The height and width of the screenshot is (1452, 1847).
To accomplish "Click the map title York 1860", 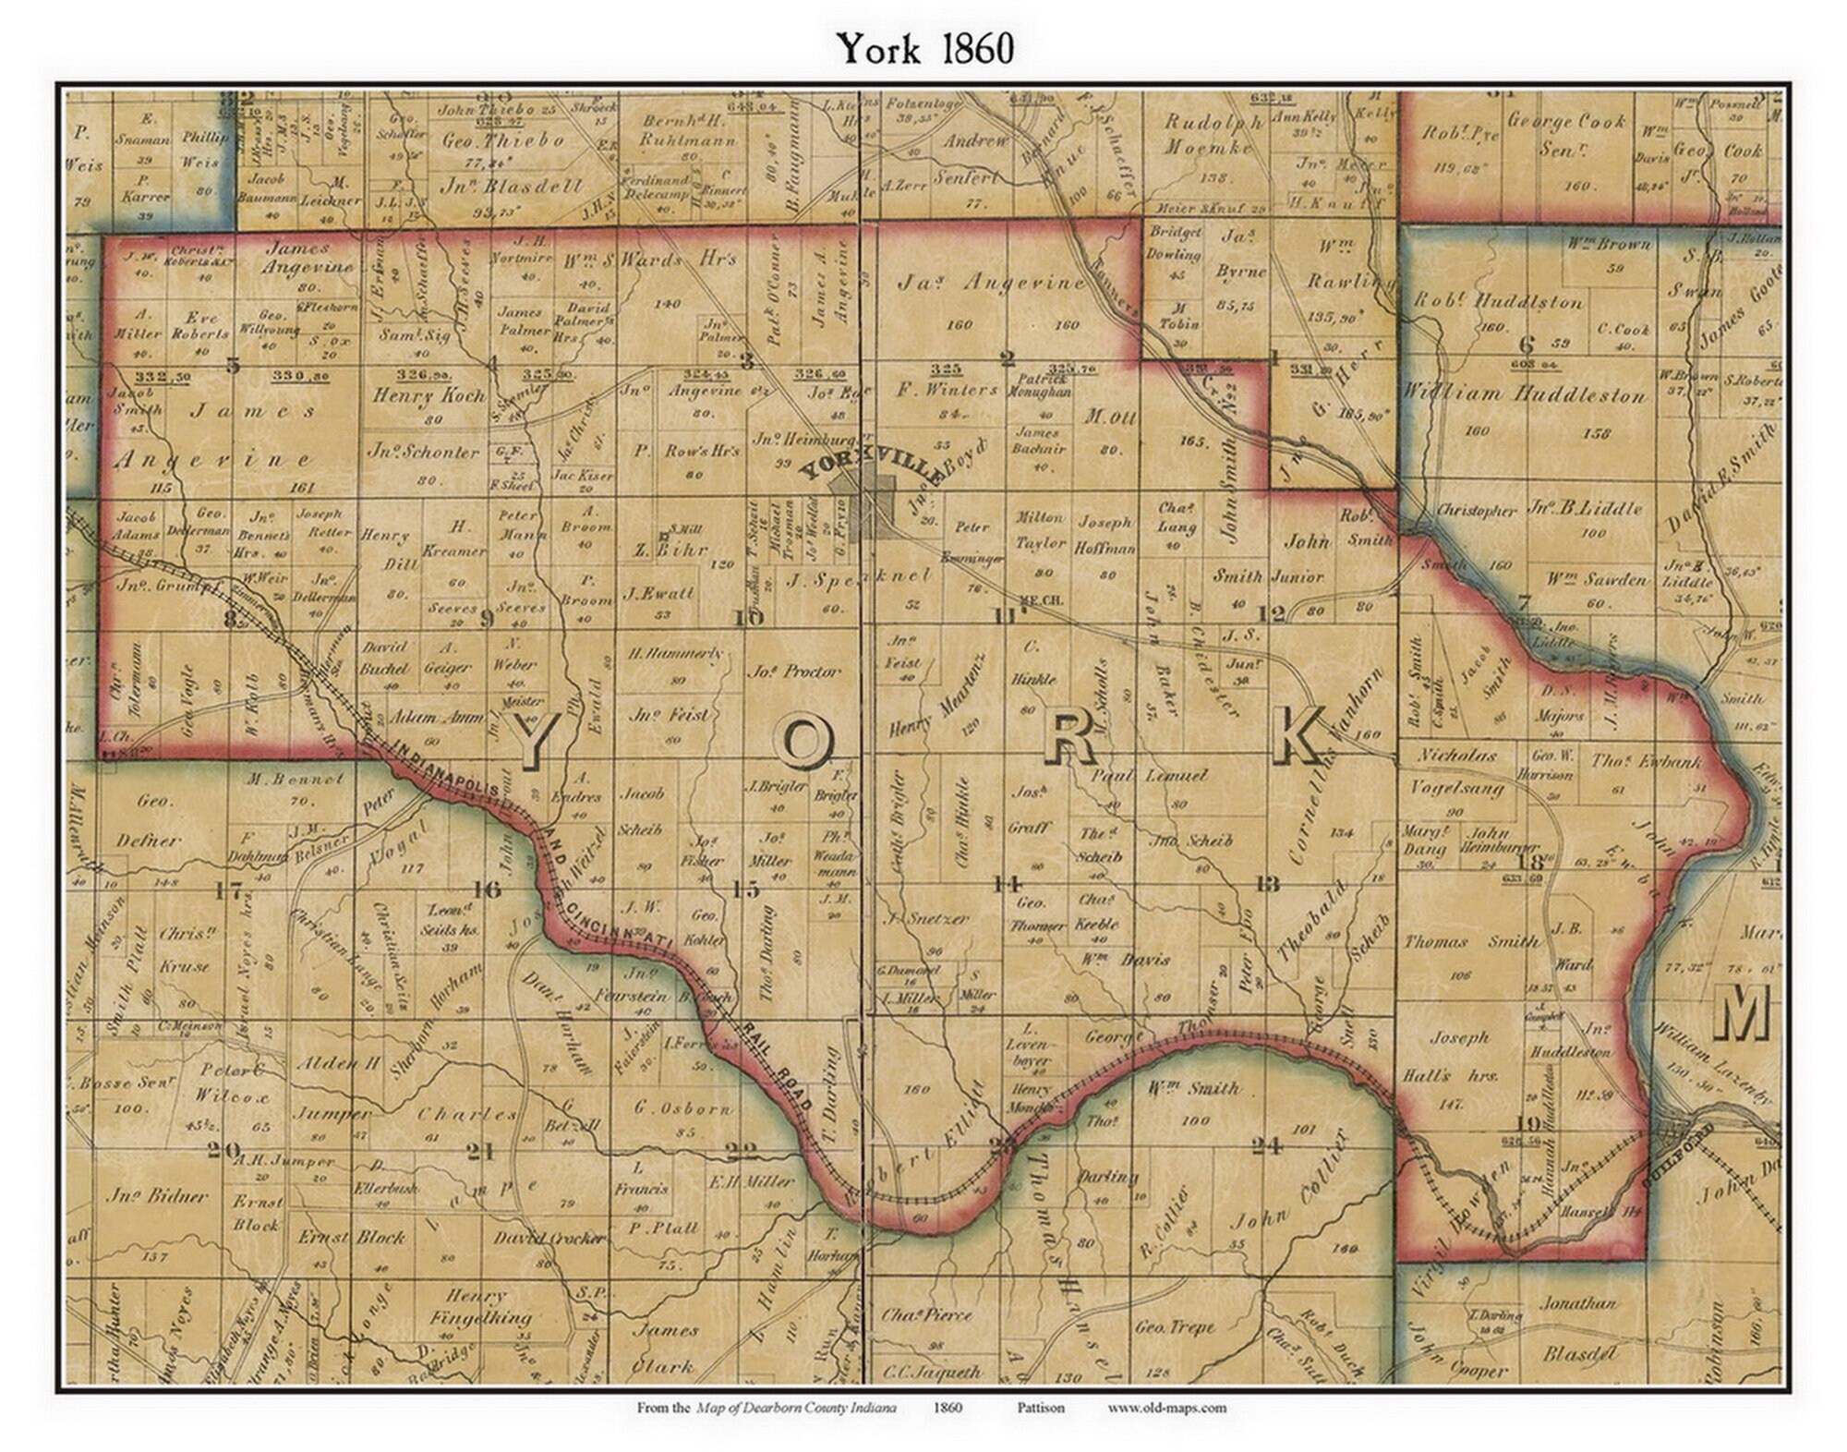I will tap(924, 48).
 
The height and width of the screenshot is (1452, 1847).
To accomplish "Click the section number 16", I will tap(487, 889).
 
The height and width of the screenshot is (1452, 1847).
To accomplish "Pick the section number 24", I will tap(1266, 1146).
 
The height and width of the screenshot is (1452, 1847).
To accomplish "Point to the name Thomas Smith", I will tap(1471, 942).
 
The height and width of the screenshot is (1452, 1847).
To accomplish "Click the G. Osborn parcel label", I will tap(683, 1107).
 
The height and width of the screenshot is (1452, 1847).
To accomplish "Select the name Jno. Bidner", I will tap(156, 1195).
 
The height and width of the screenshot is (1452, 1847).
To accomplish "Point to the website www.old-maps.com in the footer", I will tap(1166, 1408).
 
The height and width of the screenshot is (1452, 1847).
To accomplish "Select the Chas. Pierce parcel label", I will tap(926, 1313).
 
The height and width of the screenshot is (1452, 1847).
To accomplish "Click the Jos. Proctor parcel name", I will tap(794, 672).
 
